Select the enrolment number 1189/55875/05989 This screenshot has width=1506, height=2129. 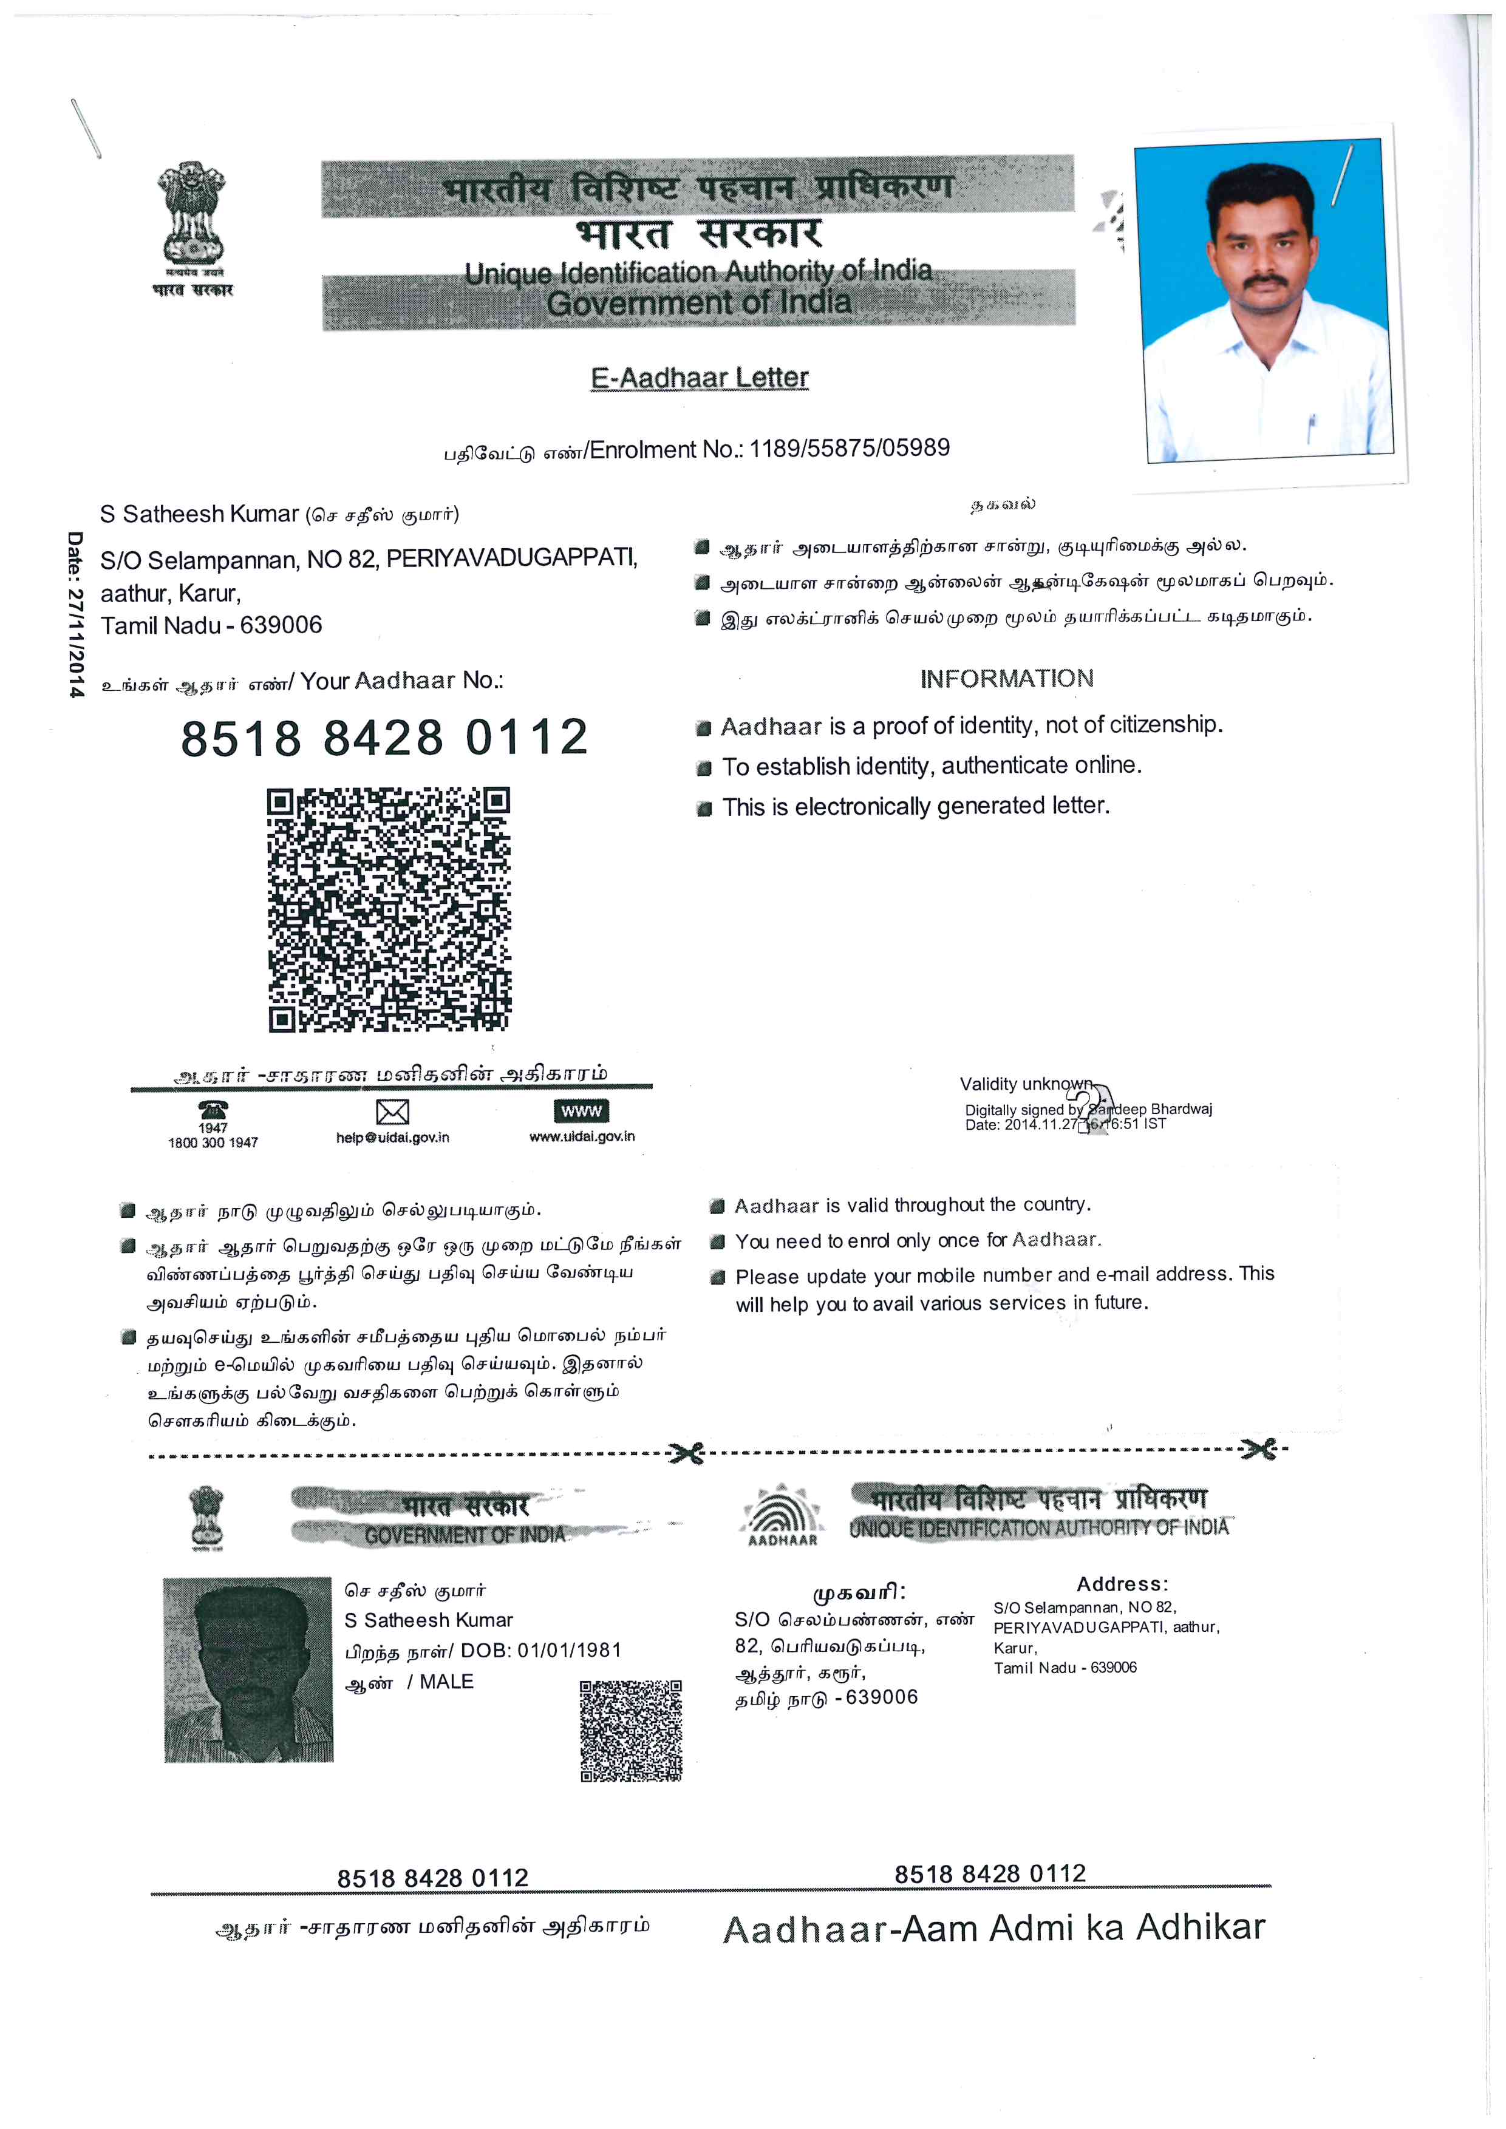pos(850,449)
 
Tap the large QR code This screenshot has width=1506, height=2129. pos(389,909)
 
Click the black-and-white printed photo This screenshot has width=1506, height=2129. pos(248,1669)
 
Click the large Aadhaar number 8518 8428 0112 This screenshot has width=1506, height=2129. pos(385,738)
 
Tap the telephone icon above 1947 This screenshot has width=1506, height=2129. pos(213,1109)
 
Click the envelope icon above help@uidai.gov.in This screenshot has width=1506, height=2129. pos(392,1112)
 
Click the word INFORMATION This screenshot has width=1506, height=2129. pos(1006,679)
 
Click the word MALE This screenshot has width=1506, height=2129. pos(446,1682)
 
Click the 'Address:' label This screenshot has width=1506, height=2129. pos(1122,1584)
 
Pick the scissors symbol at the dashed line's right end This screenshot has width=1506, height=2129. pos(1258,1448)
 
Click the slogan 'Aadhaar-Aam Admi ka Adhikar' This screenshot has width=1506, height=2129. pos(993,1929)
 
